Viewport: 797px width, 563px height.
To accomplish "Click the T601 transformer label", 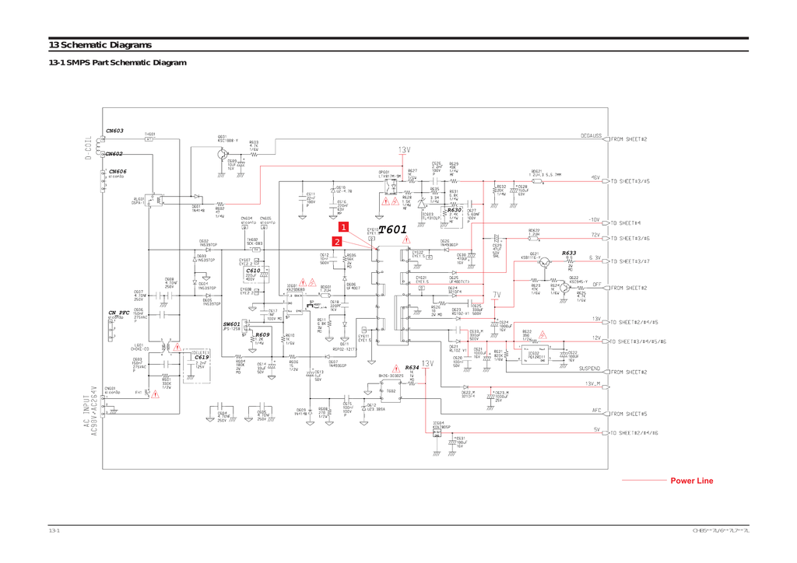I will click(392, 229).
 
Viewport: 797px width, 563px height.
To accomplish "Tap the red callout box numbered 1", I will click(343, 226).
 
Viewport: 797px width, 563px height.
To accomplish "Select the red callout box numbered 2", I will click(337, 241).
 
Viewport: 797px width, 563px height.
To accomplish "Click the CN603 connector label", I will click(114, 131).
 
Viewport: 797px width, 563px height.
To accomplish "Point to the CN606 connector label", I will click(118, 171).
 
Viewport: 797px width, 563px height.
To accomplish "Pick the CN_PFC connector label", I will click(118, 312).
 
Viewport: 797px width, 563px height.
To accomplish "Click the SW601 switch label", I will click(232, 323).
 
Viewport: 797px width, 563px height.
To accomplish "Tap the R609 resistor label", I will click(262, 334).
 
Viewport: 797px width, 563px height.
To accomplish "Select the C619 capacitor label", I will click(202, 357).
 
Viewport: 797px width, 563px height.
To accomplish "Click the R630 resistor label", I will click(455, 210).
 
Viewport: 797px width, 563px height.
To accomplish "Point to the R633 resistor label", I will click(569, 253).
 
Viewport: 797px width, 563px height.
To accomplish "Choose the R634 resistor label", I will click(412, 367).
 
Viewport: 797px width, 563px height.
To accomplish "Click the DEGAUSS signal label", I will click(591, 135).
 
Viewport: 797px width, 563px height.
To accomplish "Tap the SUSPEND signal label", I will click(589, 369).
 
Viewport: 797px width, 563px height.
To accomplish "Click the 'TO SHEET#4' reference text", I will click(627, 222).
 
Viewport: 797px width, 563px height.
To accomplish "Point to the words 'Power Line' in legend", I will click(691, 481).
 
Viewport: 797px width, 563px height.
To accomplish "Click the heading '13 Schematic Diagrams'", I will click(100, 45).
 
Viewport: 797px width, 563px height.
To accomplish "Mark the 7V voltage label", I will click(497, 295).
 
